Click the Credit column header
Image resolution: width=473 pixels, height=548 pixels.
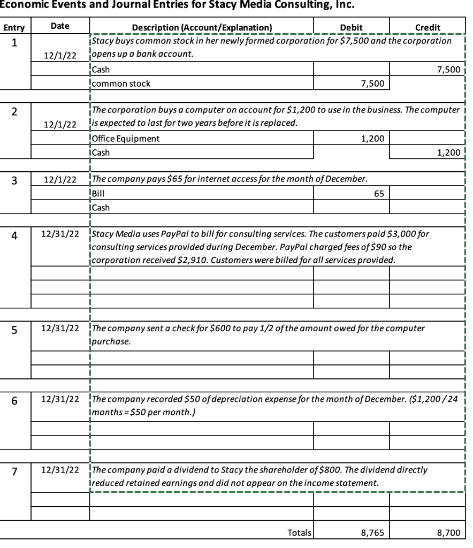click(x=428, y=27)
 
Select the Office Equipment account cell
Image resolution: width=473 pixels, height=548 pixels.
click(x=126, y=139)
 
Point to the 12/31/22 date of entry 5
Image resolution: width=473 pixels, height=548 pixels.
click(x=60, y=328)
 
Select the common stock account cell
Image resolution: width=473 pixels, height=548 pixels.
click(x=121, y=83)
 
